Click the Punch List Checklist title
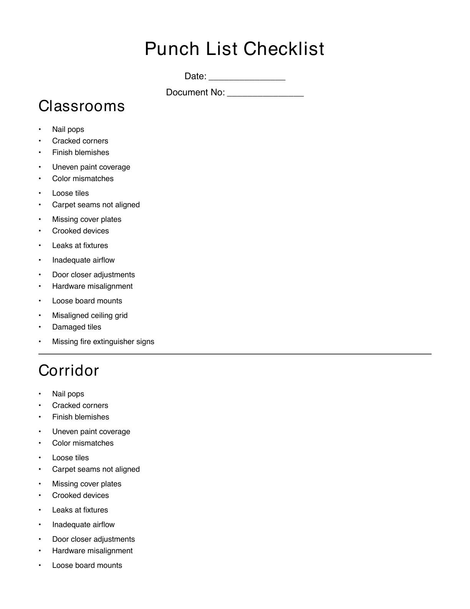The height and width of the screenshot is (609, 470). coord(235,49)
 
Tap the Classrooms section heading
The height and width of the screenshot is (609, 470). coord(82,106)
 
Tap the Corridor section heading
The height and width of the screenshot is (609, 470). coord(69,371)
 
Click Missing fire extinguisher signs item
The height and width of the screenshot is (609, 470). coord(103,341)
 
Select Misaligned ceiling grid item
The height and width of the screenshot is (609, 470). coord(90,315)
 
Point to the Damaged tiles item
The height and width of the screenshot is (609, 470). coord(76,327)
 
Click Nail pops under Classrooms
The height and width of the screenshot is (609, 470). coord(68,129)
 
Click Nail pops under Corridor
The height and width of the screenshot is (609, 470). coord(68,394)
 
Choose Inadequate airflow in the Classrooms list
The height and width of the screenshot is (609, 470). coord(83,260)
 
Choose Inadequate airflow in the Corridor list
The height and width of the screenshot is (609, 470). coord(83,524)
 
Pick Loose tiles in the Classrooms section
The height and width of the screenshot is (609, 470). coord(70,193)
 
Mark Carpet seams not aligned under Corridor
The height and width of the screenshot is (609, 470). coord(96,469)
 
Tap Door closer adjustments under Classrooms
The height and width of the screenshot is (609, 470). coord(93,275)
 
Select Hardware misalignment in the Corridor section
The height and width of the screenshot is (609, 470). coord(92,551)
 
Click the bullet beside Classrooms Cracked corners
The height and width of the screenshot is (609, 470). coord(40,141)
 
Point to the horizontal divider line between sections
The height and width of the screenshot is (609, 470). coord(235,354)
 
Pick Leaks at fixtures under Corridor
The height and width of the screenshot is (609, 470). coord(80,510)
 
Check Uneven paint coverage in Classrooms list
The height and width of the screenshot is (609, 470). coord(91,167)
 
